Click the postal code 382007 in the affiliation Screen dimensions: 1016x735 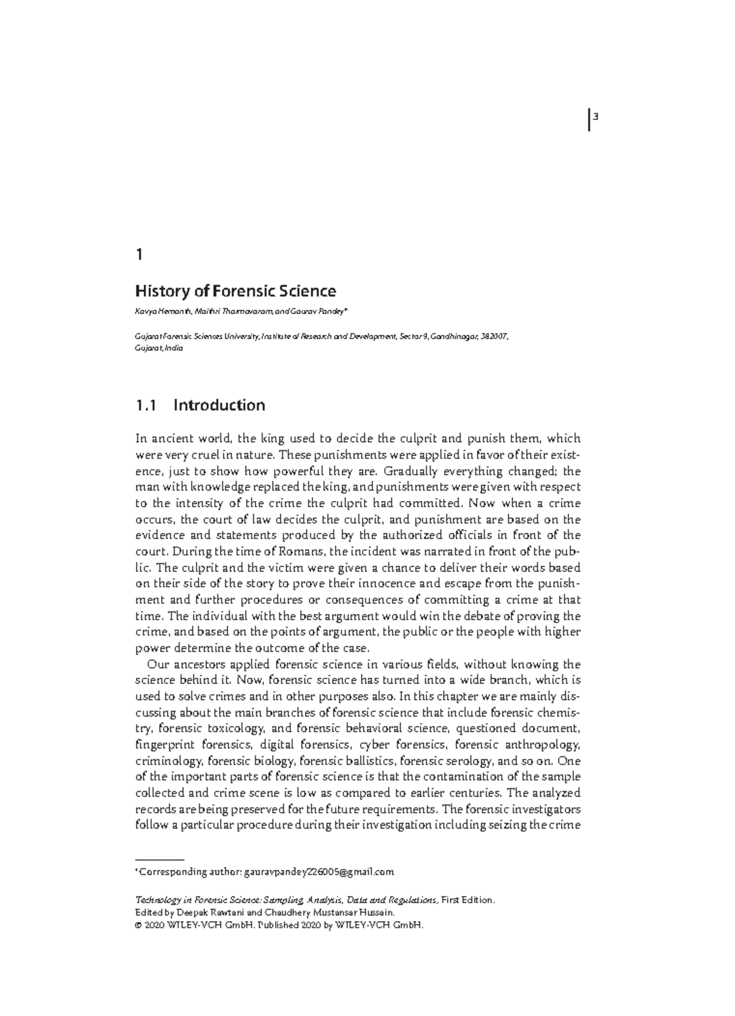[494, 336]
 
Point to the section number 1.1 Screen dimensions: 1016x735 [147, 405]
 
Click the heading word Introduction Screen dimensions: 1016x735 [219, 405]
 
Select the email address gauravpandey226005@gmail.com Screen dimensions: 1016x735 [318, 871]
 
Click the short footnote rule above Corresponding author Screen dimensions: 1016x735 [159, 860]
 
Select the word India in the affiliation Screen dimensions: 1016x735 [174, 348]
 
